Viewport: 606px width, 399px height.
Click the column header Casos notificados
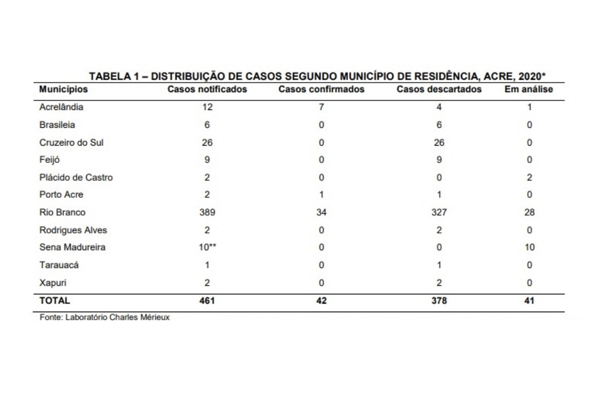coord(207,90)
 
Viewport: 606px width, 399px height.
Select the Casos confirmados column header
coord(321,90)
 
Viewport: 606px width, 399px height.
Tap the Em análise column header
coord(529,90)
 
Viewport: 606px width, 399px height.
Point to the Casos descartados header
coord(439,90)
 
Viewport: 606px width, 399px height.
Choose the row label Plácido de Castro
coord(76,177)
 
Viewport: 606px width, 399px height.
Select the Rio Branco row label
coord(62,212)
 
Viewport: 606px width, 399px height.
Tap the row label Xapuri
coord(53,283)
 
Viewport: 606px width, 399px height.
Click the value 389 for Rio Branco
coord(207,212)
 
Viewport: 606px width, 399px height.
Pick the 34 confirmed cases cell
coord(321,212)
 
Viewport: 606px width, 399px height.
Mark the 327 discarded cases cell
coord(439,212)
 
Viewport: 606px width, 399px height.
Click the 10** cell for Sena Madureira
coord(208,247)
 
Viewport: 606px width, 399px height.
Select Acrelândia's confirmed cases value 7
coord(321,107)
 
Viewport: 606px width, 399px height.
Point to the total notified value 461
coord(207,301)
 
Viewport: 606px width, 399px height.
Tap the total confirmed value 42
coord(321,301)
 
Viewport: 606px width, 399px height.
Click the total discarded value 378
coord(439,301)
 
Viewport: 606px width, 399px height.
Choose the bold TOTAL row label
coord(55,301)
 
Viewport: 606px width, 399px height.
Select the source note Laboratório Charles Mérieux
coord(117,317)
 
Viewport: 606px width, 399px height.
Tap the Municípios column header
coord(64,90)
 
